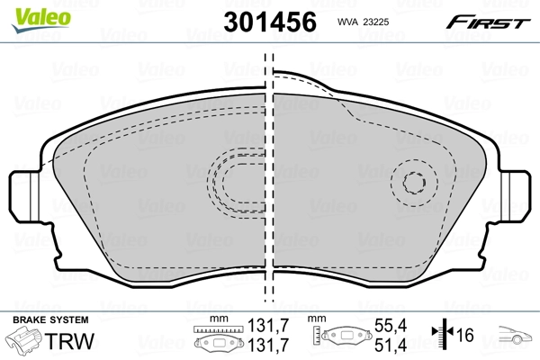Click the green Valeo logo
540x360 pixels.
pos(41,20)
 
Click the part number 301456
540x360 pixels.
pos(270,22)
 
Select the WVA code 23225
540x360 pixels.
pos(376,22)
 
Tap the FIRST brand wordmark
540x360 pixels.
pos(488,22)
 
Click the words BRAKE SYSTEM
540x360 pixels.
pos(50,319)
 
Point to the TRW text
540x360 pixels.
pos(69,341)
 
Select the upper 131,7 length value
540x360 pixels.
pos(268,325)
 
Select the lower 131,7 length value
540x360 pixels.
pos(268,345)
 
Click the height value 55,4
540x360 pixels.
pos(391,325)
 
